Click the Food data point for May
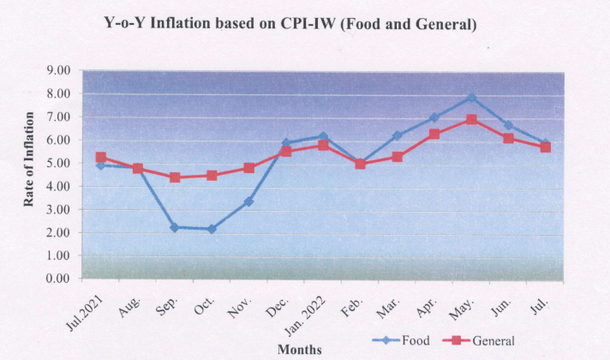[x=471, y=98]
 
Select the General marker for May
[x=471, y=119]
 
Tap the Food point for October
[x=211, y=229]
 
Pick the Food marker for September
[x=174, y=227]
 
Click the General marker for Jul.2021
[x=100, y=158]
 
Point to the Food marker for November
[x=248, y=201]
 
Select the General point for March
[x=397, y=157]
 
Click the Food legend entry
[x=403, y=340]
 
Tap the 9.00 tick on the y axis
[x=59, y=70]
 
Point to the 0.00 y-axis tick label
[x=59, y=279]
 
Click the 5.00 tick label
[x=59, y=163]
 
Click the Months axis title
[x=299, y=349]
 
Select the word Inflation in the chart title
[x=198, y=25]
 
